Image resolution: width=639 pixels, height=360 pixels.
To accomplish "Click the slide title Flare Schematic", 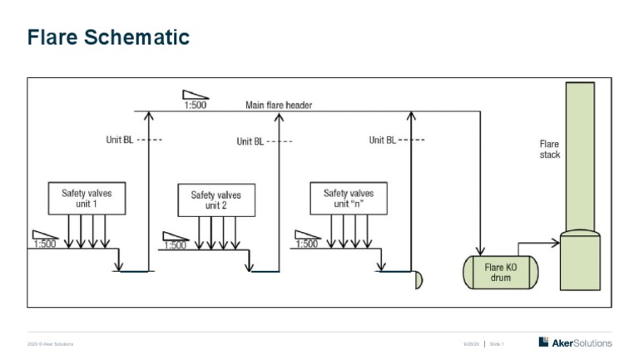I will pos(108,37).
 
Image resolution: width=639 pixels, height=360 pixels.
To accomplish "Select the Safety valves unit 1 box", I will pos(87,199).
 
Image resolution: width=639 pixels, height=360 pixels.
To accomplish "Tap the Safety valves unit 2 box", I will pos(216,200).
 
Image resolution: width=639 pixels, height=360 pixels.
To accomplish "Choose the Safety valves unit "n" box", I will pos(348,199).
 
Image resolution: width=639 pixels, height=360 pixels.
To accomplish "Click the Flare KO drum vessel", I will pos(500,273).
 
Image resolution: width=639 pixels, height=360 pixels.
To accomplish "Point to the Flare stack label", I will pos(550,150).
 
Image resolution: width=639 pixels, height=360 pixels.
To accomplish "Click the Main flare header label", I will pos(279,105).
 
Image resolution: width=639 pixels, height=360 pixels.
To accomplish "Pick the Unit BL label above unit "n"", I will pos(382,140).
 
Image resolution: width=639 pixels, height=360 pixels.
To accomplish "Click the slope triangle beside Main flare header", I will pos(196,95).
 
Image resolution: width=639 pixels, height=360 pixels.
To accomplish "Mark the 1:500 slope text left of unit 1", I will pos(46,244).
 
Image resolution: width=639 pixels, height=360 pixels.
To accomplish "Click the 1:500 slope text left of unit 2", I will pos(175,245).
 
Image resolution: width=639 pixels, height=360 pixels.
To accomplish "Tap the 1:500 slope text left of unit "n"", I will pos(306,244).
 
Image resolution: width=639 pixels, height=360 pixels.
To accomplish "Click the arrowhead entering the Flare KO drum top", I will pos(480,249).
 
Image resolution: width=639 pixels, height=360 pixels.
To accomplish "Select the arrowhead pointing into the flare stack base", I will pos(555,244).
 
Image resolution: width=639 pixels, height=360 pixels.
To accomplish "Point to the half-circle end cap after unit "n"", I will pos(419,280).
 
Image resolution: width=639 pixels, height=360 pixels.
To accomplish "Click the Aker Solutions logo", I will pos(575,343).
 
